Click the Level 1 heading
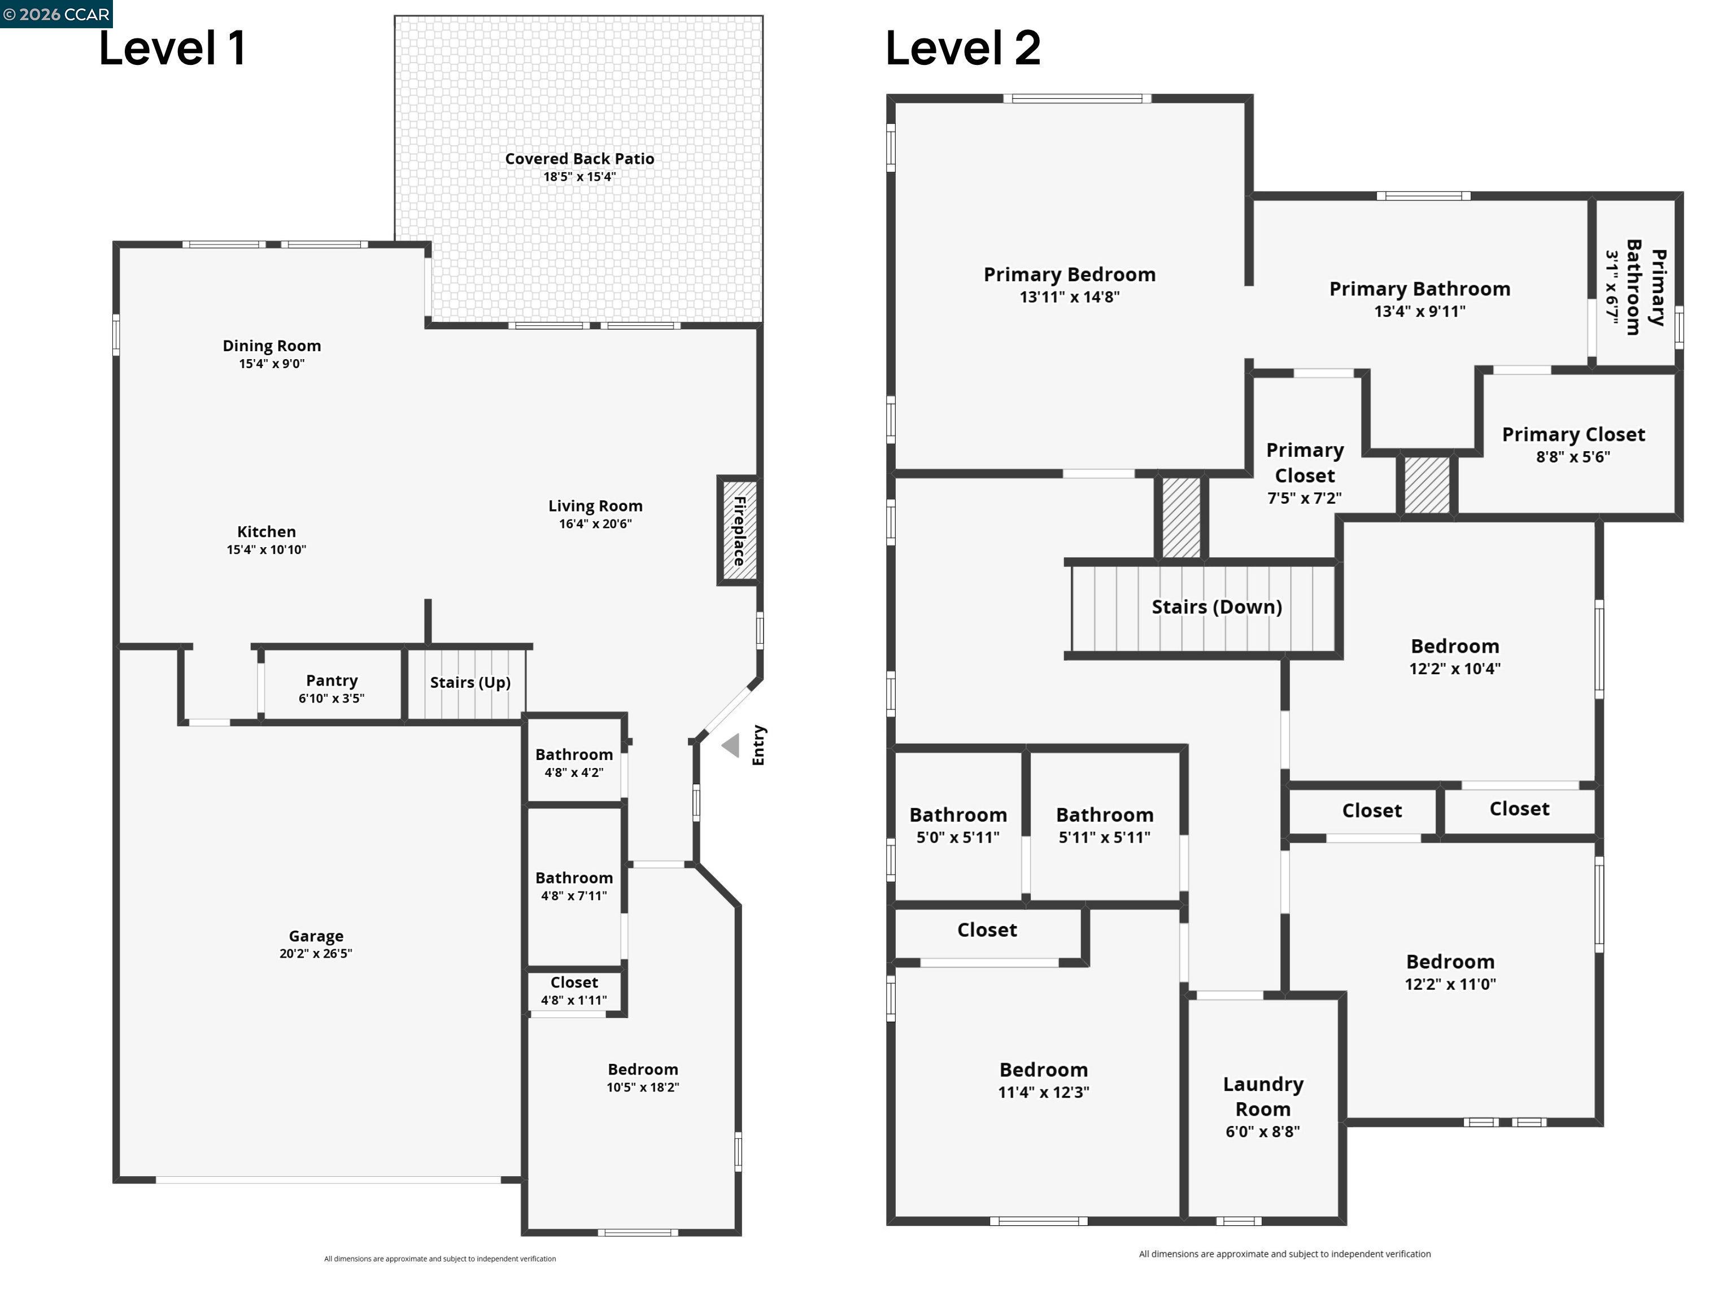173,48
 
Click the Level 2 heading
963,48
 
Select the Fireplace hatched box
738,530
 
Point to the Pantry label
332,680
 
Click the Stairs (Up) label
470,682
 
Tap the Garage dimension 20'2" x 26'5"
316,954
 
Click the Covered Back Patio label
579,159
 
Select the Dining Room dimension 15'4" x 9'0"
272,364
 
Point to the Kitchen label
267,532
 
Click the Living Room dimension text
595,524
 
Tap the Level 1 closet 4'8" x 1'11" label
574,991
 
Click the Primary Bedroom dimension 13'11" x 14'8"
1070,297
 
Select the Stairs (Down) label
1217,607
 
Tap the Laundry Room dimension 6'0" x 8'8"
1263,1132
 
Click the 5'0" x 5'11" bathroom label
958,826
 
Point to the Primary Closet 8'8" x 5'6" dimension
1573,456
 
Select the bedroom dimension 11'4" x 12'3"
1043,1093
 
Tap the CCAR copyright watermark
56,14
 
